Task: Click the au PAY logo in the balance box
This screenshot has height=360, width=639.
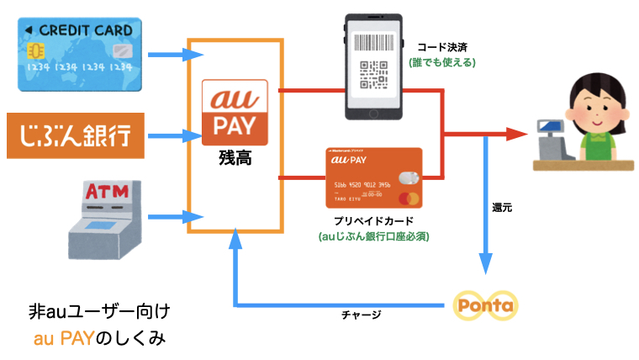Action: (x=235, y=113)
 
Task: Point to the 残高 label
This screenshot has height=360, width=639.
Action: (x=235, y=157)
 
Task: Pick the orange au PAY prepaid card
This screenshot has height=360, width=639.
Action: (x=372, y=178)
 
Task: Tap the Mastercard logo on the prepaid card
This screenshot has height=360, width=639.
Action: (x=409, y=199)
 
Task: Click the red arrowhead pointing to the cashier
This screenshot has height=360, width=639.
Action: (x=517, y=133)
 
